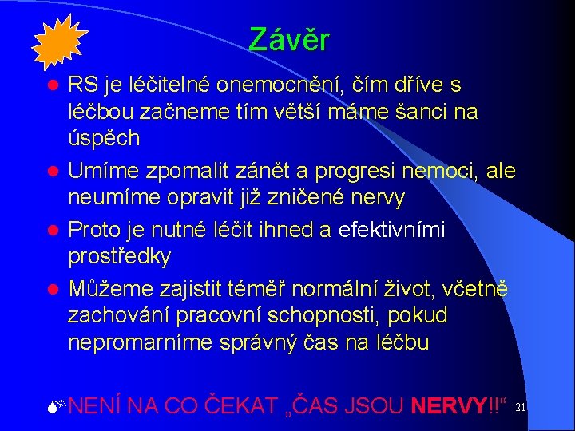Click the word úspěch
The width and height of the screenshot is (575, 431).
(104, 138)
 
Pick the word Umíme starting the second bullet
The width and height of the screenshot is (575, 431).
(100, 171)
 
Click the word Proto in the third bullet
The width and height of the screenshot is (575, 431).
(93, 230)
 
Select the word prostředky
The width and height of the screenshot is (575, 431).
(119, 256)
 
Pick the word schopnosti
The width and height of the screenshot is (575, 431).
(335, 316)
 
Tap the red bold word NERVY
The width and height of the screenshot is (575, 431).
(449, 406)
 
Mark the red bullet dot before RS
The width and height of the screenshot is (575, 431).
(51, 85)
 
